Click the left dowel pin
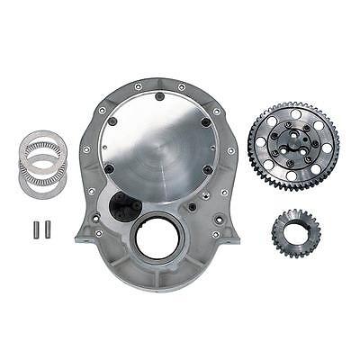click(40, 229)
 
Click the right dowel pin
click(48, 229)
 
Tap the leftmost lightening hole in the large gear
click(262, 144)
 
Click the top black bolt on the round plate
click(159, 96)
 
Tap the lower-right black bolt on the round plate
click(206, 168)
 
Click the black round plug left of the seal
click(120, 213)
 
